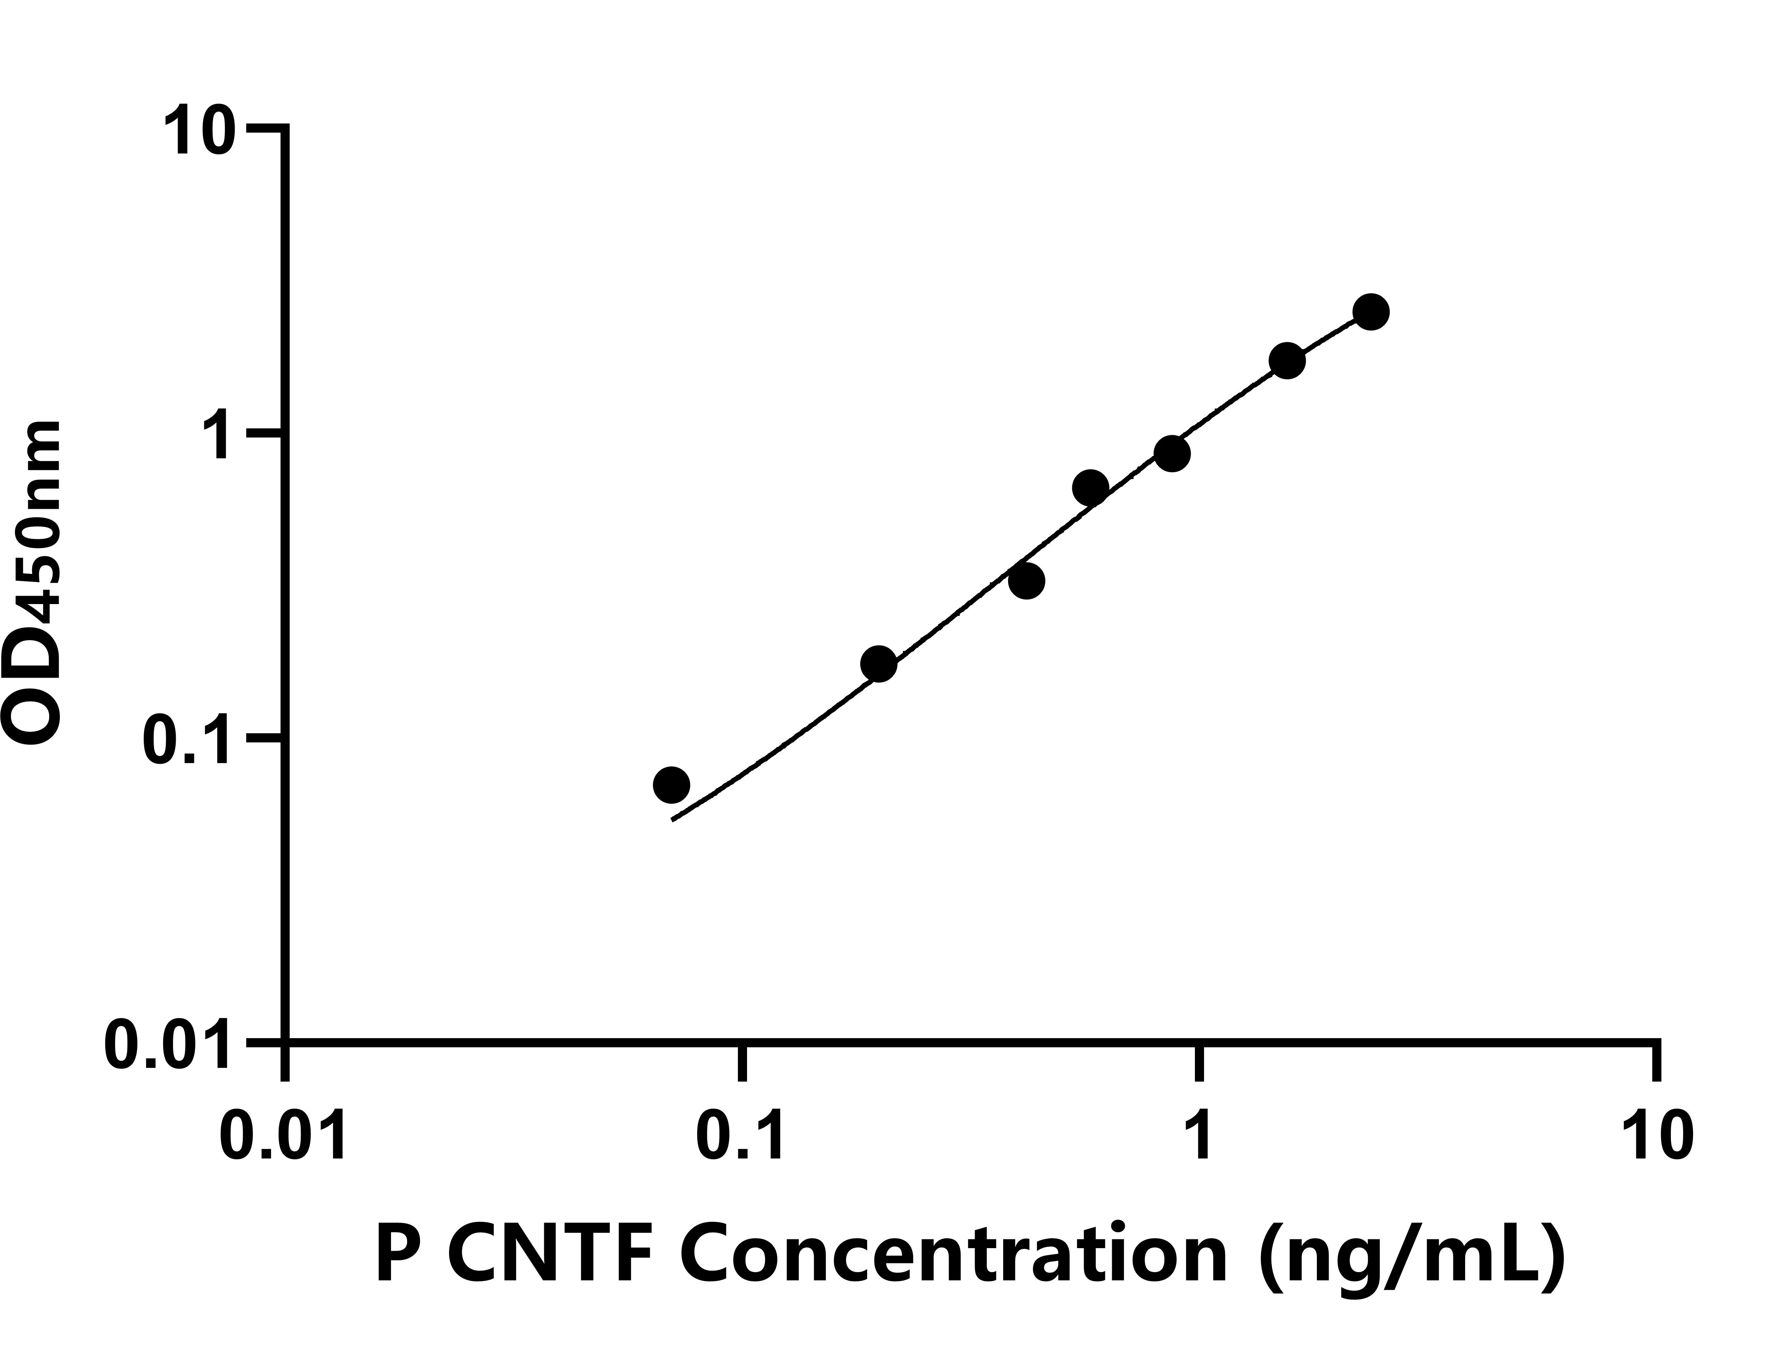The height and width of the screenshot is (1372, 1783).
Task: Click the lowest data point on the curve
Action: pyautogui.click(x=671, y=784)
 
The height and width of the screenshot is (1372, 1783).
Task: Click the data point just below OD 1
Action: pyautogui.click(x=1172, y=454)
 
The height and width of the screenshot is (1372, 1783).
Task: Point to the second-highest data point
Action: pyautogui.click(x=1288, y=361)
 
